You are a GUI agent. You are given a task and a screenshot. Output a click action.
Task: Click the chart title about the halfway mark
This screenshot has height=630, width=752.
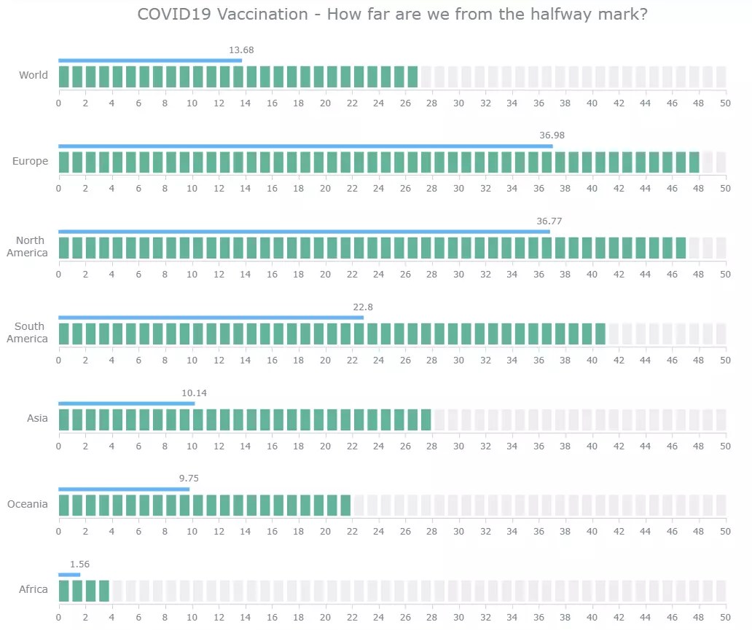pyautogui.click(x=393, y=15)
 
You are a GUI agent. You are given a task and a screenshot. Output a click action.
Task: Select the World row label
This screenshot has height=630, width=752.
pyautogui.click(x=34, y=75)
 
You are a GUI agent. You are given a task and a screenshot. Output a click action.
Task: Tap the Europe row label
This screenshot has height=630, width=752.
pyautogui.click(x=30, y=161)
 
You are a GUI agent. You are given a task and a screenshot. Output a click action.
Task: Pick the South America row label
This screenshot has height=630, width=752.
pyautogui.click(x=27, y=333)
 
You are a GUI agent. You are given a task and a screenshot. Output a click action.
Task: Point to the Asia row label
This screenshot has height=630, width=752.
pyautogui.click(x=37, y=418)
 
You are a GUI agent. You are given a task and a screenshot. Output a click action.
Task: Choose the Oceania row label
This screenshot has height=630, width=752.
pyautogui.click(x=28, y=504)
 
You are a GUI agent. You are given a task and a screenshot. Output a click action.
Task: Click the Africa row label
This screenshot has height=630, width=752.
pyautogui.click(x=34, y=589)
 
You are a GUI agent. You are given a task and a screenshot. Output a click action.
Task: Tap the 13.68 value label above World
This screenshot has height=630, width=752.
pyautogui.click(x=241, y=50)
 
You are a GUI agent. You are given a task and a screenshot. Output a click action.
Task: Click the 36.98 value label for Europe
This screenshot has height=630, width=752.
pyautogui.click(x=552, y=135)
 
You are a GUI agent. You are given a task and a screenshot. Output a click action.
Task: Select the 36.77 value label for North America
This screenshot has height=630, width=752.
pyautogui.click(x=549, y=221)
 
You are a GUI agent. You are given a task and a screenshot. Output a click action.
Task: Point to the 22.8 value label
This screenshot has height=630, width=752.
pyautogui.click(x=362, y=307)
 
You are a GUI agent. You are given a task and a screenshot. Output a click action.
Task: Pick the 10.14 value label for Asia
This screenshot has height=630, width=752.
pyautogui.click(x=195, y=393)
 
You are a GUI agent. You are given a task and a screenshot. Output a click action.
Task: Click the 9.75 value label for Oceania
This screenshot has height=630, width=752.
pyautogui.click(x=189, y=479)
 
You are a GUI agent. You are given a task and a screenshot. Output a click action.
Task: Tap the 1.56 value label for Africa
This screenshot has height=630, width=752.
pyautogui.click(x=79, y=564)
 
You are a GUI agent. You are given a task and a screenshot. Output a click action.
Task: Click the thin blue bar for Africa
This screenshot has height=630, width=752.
pyautogui.click(x=69, y=575)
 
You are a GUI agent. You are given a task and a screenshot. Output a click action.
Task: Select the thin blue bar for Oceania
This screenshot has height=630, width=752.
pyautogui.click(x=124, y=489)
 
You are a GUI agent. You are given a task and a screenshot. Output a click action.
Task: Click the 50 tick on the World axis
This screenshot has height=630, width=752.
pyautogui.click(x=724, y=103)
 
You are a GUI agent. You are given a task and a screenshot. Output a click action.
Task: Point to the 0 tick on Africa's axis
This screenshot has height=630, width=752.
pyautogui.click(x=59, y=618)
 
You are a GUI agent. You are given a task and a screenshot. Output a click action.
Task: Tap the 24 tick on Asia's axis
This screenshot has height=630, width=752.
pyautogui.click(x=378, y=446)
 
